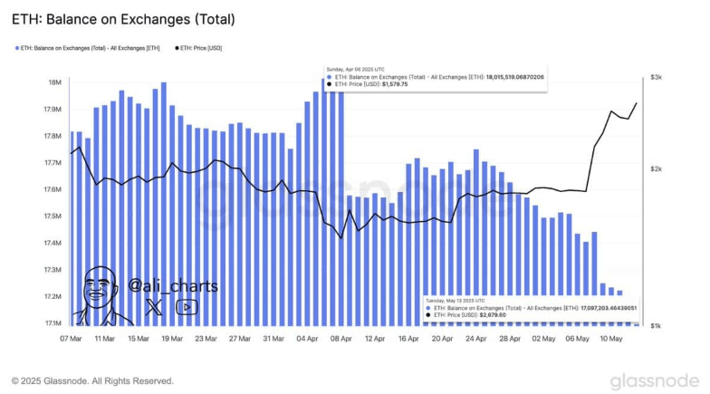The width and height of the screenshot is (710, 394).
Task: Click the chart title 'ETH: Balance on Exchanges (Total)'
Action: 123,18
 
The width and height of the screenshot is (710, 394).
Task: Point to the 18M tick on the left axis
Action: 55,82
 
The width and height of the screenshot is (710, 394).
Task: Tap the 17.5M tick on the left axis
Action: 52,216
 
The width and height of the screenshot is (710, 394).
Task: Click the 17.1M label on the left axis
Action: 52,323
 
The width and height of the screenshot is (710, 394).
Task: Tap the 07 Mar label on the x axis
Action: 71,338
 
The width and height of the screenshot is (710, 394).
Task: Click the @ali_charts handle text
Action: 172,286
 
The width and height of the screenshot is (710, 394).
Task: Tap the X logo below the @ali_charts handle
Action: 155,308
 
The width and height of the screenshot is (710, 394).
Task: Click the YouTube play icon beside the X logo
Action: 187,308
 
